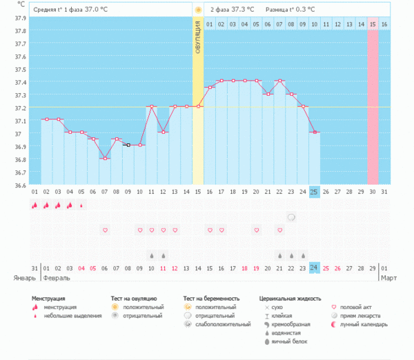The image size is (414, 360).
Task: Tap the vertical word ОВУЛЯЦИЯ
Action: tap(197, 45)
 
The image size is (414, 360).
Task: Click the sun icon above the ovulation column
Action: tap(198, 10)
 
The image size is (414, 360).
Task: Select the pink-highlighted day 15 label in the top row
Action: tap(373, 24)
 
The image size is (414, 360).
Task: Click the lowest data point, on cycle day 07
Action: tap(105, 159)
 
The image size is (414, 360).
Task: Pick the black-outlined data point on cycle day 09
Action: tap(128, 145)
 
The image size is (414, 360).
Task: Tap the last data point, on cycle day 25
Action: tap(315, 132)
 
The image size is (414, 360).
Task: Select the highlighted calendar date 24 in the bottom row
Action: tap(315, 268)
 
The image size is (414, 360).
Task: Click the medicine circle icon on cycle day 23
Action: tap(291, 217)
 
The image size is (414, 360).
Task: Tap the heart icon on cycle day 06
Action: tap(105, 230)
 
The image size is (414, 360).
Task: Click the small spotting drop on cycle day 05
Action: tap(81, 205)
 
